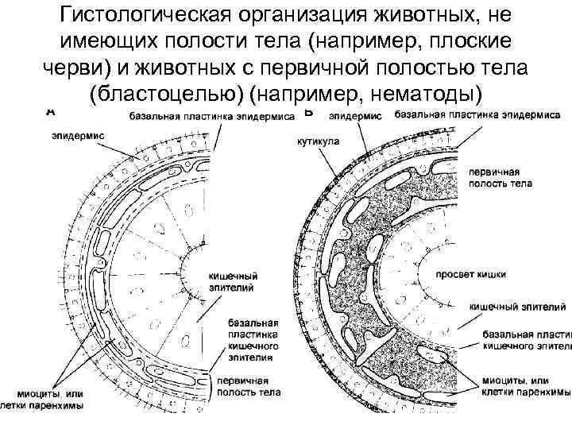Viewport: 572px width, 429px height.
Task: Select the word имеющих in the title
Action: click(95, 41)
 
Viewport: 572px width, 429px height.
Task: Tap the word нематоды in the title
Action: click(418, 94)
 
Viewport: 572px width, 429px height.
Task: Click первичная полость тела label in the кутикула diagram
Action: click(500, 176)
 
